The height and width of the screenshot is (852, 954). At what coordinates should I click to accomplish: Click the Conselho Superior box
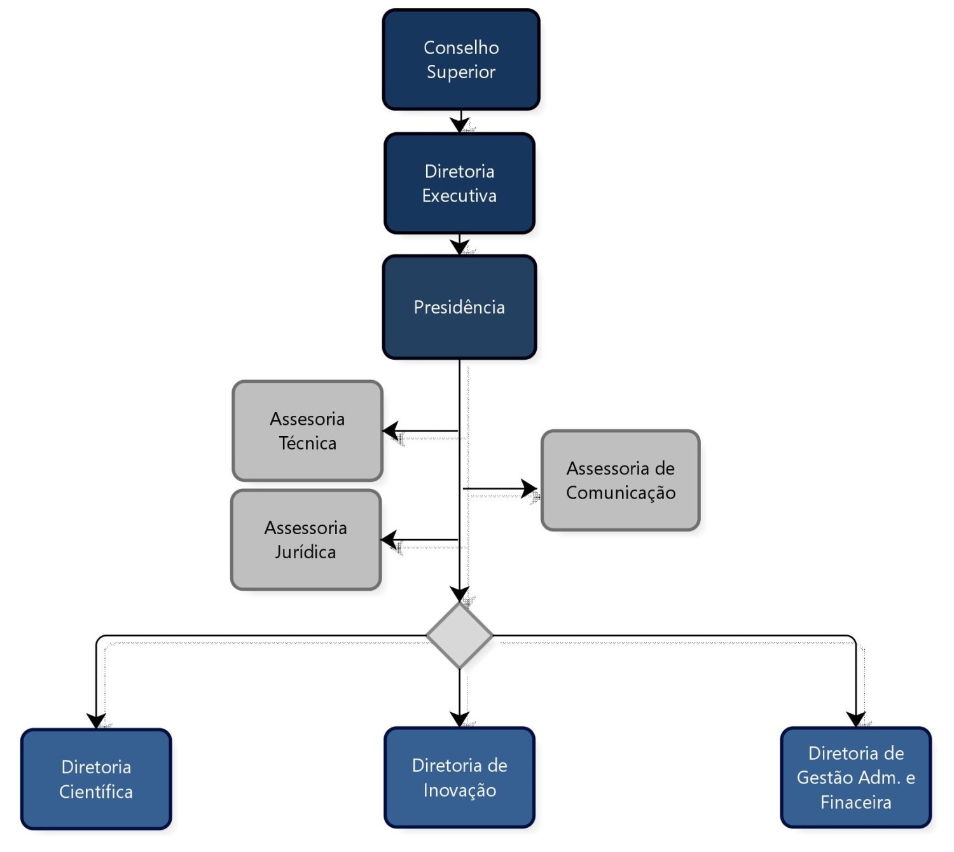460,60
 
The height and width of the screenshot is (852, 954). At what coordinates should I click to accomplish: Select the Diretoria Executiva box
459,183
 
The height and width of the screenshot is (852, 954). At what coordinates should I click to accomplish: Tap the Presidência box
459,307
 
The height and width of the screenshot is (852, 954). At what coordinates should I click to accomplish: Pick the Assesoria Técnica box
307,430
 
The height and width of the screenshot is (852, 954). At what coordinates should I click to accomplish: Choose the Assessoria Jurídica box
306,539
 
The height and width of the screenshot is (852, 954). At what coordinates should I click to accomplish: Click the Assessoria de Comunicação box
620,480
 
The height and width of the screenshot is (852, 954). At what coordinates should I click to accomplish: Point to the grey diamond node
459,635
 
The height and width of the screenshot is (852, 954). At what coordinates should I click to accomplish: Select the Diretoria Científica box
96,779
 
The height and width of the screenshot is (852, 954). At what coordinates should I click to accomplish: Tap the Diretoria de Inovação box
459,778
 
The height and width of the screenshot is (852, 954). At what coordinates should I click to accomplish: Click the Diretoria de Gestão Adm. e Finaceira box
855,778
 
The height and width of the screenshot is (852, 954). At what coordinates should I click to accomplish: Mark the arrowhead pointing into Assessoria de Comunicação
529,488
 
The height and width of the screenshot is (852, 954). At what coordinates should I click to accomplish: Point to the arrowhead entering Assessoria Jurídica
389,539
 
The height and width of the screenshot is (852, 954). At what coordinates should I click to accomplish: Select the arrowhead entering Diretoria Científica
96,721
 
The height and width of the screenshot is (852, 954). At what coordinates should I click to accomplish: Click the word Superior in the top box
460,72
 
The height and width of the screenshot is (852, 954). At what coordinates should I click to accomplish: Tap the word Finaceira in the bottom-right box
855,802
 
